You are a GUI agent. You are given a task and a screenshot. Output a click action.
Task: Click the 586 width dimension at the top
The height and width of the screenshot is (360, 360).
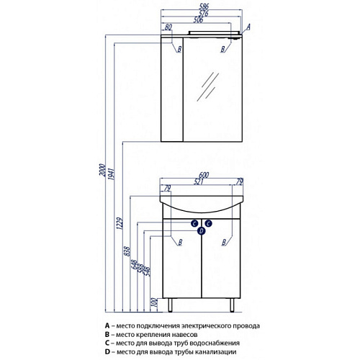click(204, 6)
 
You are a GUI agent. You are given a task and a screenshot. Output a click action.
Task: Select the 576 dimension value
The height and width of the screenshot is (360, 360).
click(203, 13)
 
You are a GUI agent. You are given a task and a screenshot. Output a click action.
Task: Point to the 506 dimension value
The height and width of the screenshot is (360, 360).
click(198, 19)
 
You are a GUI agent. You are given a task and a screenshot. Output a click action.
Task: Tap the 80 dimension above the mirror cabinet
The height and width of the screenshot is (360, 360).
click(168, 27)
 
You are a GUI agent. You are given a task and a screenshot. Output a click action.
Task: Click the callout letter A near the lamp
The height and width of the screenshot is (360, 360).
click(248, 27)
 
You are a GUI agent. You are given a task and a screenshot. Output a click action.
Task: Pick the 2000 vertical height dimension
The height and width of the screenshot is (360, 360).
click(102, 170)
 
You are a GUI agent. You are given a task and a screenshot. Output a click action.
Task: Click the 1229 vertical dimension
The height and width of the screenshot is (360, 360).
click(120, 223)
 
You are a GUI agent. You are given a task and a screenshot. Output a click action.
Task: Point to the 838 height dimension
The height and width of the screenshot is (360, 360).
click(127, 251)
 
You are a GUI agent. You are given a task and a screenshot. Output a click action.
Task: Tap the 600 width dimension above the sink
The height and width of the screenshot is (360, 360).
click(204, 175)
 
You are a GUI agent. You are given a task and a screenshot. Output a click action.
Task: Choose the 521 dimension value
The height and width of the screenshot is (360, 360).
click(199, 181)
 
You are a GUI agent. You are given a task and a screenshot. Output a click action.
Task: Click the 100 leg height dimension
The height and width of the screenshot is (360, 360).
click(155, 302)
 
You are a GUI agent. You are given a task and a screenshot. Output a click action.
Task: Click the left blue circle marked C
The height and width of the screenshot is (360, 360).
click(194, 224)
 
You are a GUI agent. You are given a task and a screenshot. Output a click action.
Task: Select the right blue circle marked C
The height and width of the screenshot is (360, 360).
click(208, 224)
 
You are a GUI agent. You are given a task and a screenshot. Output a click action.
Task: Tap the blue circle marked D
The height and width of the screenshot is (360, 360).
click(202, 231)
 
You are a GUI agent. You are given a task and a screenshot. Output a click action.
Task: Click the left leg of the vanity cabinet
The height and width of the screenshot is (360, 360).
click(170, 305)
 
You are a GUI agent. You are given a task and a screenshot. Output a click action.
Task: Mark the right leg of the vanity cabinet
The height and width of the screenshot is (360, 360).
click(232, 305)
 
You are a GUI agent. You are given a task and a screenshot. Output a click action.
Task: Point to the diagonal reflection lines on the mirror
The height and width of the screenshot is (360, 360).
click(207, 86)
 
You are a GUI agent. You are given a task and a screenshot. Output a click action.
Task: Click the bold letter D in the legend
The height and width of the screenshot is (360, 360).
click(107, 352)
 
